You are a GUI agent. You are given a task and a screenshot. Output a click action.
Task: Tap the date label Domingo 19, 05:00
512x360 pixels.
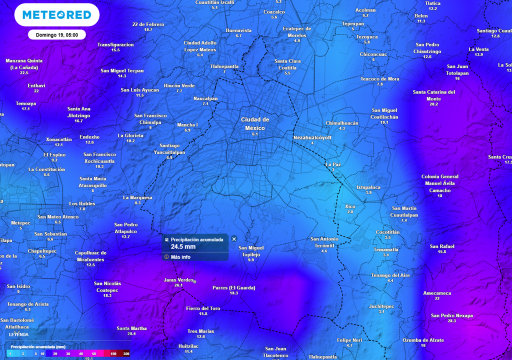click(56, 35)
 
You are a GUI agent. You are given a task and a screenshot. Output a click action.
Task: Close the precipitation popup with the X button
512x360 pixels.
click(234, 239)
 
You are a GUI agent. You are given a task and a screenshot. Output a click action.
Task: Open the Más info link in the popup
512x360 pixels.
click(180, 257)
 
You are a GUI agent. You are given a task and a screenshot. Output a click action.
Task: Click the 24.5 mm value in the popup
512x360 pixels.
click(183, 246)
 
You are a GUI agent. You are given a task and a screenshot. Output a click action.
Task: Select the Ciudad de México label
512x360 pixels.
click(255, 123)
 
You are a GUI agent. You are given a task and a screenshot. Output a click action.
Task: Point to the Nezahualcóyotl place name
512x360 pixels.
click(312, 137)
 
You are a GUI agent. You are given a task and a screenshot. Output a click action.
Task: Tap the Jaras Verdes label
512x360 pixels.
click(178, 280)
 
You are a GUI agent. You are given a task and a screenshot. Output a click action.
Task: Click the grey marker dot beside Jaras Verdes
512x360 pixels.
click(195, 281)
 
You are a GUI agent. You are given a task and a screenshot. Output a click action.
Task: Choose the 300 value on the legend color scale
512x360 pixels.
click(126, 353)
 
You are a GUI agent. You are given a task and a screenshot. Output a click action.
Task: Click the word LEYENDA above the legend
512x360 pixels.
click(18, 334)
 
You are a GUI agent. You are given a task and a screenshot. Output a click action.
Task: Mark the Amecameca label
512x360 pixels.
click(437, 293)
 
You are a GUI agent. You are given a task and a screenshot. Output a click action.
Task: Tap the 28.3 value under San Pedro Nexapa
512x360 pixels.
click(451, 320)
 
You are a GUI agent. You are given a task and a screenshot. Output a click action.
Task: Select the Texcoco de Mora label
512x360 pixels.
click(380, 79)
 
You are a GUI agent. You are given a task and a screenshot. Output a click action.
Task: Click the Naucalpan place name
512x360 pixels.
click(205, 98)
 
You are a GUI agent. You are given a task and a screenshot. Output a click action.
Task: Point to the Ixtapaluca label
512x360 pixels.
click(368, 187)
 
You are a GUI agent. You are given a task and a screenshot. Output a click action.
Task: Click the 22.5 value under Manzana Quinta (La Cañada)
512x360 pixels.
click(24, 73)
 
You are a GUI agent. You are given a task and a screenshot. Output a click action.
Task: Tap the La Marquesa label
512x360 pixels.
click(137, 197)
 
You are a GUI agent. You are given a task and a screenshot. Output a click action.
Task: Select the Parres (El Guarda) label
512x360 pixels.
click(233, 287)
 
